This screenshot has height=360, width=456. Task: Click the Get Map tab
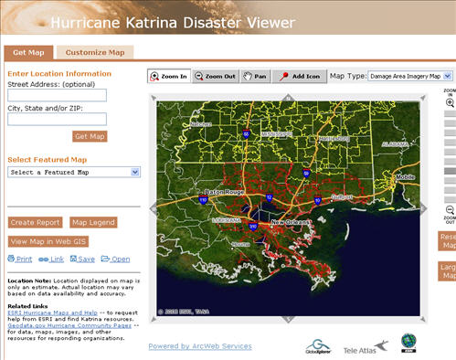(x=29, y=53)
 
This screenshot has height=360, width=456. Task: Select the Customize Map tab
(x=95, y=53)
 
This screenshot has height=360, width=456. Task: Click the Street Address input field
(x=57, y=95)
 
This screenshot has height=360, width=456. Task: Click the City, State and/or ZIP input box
(x=57, y=119)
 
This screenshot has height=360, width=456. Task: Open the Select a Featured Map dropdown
(x=73, y=172)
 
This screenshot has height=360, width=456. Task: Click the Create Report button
(x=36, y=222)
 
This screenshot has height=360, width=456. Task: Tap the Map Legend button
(x=92, y=222)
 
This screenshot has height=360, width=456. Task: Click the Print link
(x=23, y=259)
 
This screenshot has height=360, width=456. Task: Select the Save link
(x=88, y=259)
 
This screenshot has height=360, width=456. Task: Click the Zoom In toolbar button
(x=169, y=77)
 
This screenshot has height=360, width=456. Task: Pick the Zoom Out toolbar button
(x=216, y=77)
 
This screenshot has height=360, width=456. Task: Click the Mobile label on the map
(x=403, y=177)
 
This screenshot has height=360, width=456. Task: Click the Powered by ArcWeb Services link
(x=200, y=346)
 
